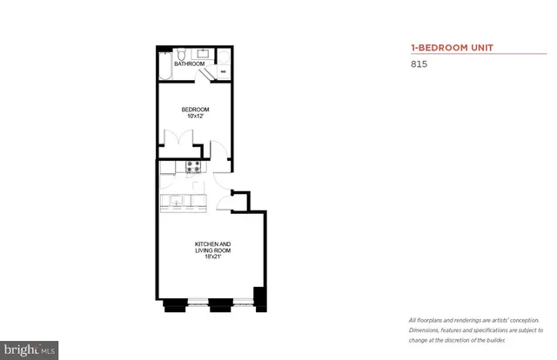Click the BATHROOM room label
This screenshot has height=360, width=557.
pyautogui.click(x=190, y=64)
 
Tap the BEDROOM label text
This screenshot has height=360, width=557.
pyautogui.click(x=194, y=110)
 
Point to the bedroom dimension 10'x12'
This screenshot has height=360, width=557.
pyautogui.click(x=194, y=117)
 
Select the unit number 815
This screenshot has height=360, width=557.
pyautogui.click(x=418, y=64)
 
